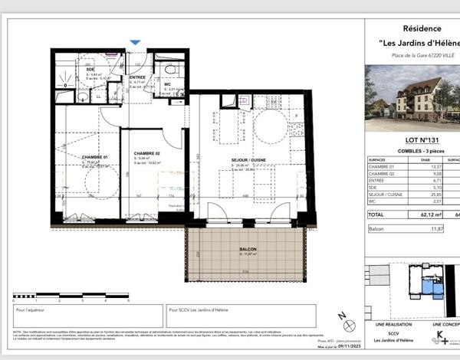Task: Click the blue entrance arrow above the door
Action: coord(136,44)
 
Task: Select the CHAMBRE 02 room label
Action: coord(146,152)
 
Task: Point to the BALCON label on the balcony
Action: coord(247,250)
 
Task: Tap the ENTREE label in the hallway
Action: coord(138,77)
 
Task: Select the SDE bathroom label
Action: coord(90,70)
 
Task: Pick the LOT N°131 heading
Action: coord(406,139)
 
